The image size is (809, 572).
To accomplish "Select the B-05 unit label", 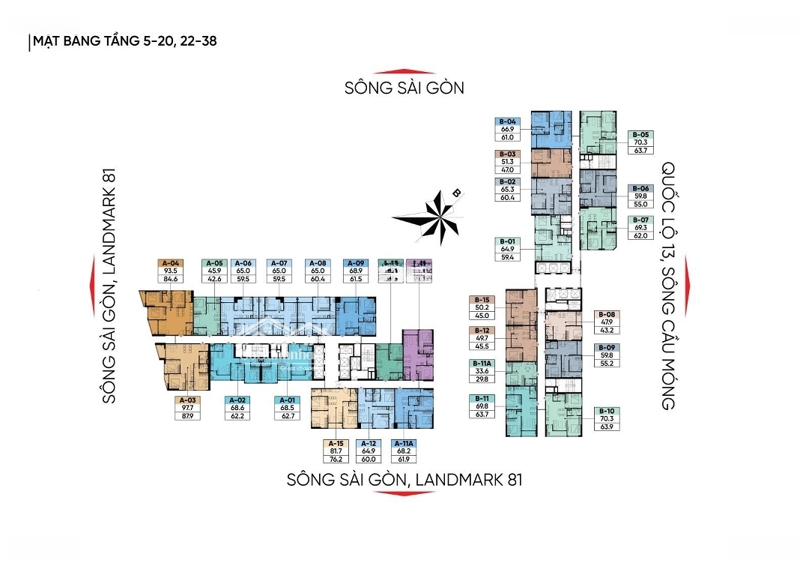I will [640, 135].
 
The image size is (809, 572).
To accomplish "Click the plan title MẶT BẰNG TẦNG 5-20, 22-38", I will [124, 41].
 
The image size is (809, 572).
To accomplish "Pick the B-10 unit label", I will [607, 412].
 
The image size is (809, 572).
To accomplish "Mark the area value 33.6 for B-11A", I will [481, 371].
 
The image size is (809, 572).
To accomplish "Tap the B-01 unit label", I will [507, 241].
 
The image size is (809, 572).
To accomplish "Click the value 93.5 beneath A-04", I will [169, 271].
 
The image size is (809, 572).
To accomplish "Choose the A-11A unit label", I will [404, 443].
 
